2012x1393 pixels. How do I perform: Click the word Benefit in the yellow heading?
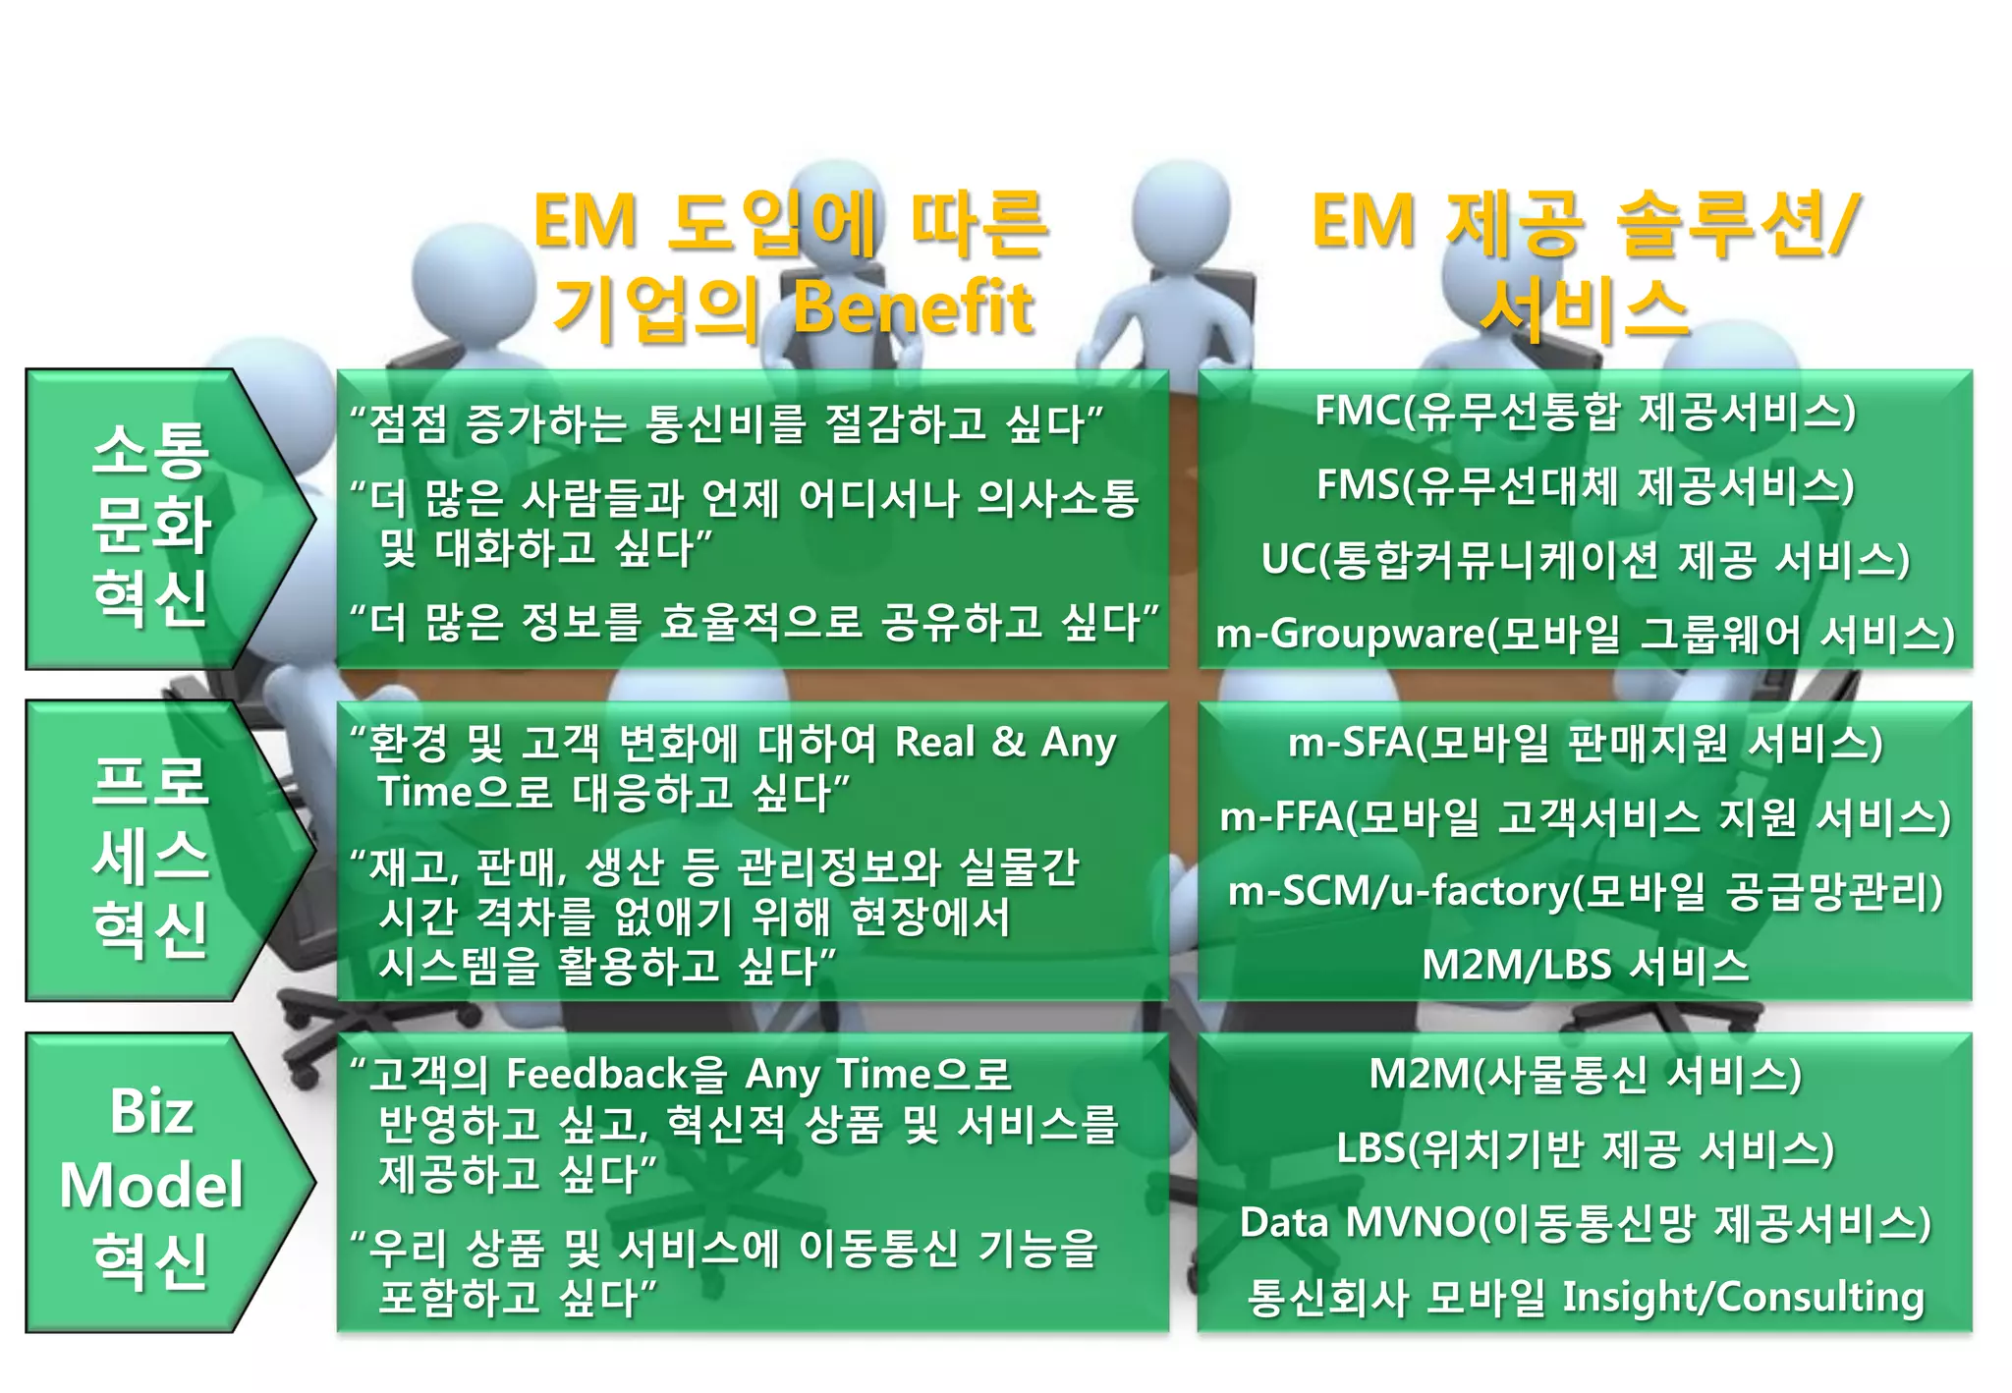913,308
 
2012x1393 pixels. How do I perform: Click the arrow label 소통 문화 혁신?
152,522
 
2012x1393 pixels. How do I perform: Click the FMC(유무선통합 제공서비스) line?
1585,412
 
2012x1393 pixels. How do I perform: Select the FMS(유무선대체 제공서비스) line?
1585,485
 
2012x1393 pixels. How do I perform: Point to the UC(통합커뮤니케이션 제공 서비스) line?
1585,559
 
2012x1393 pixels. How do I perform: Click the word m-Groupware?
1350,635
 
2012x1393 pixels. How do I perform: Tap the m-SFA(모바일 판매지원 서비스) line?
1585,744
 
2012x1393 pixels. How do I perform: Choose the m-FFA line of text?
1585,817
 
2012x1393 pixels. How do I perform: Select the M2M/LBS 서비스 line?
1585,965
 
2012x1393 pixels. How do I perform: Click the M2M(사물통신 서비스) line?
1585,1075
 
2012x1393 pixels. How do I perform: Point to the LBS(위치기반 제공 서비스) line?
1585,1148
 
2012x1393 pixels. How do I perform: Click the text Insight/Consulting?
1742,1297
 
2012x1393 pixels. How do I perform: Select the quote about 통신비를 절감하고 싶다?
727,424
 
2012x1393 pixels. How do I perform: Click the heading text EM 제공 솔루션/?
1585,222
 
